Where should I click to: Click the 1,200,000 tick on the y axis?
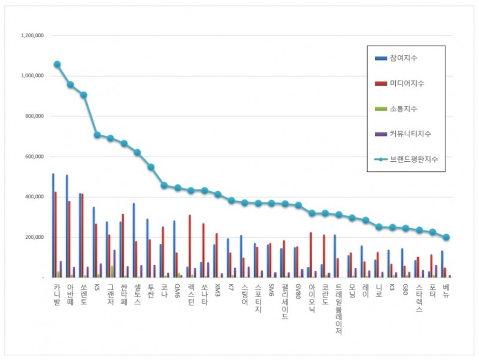(x=32, y=35)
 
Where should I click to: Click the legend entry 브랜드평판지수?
(x=413, y=159)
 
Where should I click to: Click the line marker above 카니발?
(x=57, y=64)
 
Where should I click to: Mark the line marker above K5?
(x=97, y=135)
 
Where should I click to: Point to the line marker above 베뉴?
(x=446, y=237)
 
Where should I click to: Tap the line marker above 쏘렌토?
(x=84, y=95)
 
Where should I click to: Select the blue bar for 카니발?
(x=53, y=225)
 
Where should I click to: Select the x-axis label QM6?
(x=177, y=292)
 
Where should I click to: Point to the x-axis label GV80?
(x=298, y=292)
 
